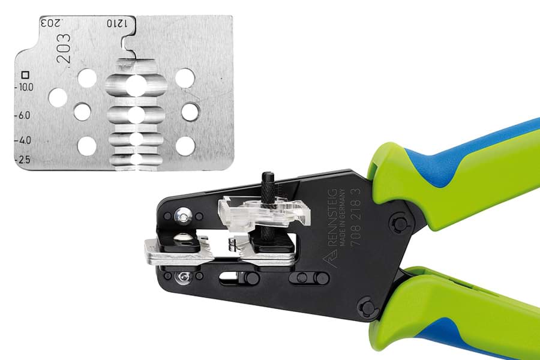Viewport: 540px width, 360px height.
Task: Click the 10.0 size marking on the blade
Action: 25,87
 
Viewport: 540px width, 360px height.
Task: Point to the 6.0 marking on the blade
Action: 23,115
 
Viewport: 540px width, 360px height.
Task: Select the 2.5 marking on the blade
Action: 23,160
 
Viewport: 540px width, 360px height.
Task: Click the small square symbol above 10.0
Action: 25,75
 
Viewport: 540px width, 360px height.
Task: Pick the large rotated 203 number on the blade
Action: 64,48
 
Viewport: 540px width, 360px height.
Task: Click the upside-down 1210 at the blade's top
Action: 117,23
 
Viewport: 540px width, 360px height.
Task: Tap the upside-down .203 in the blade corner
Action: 50,23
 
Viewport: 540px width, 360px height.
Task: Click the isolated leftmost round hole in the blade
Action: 58,97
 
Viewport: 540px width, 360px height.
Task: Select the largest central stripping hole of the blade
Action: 136,85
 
